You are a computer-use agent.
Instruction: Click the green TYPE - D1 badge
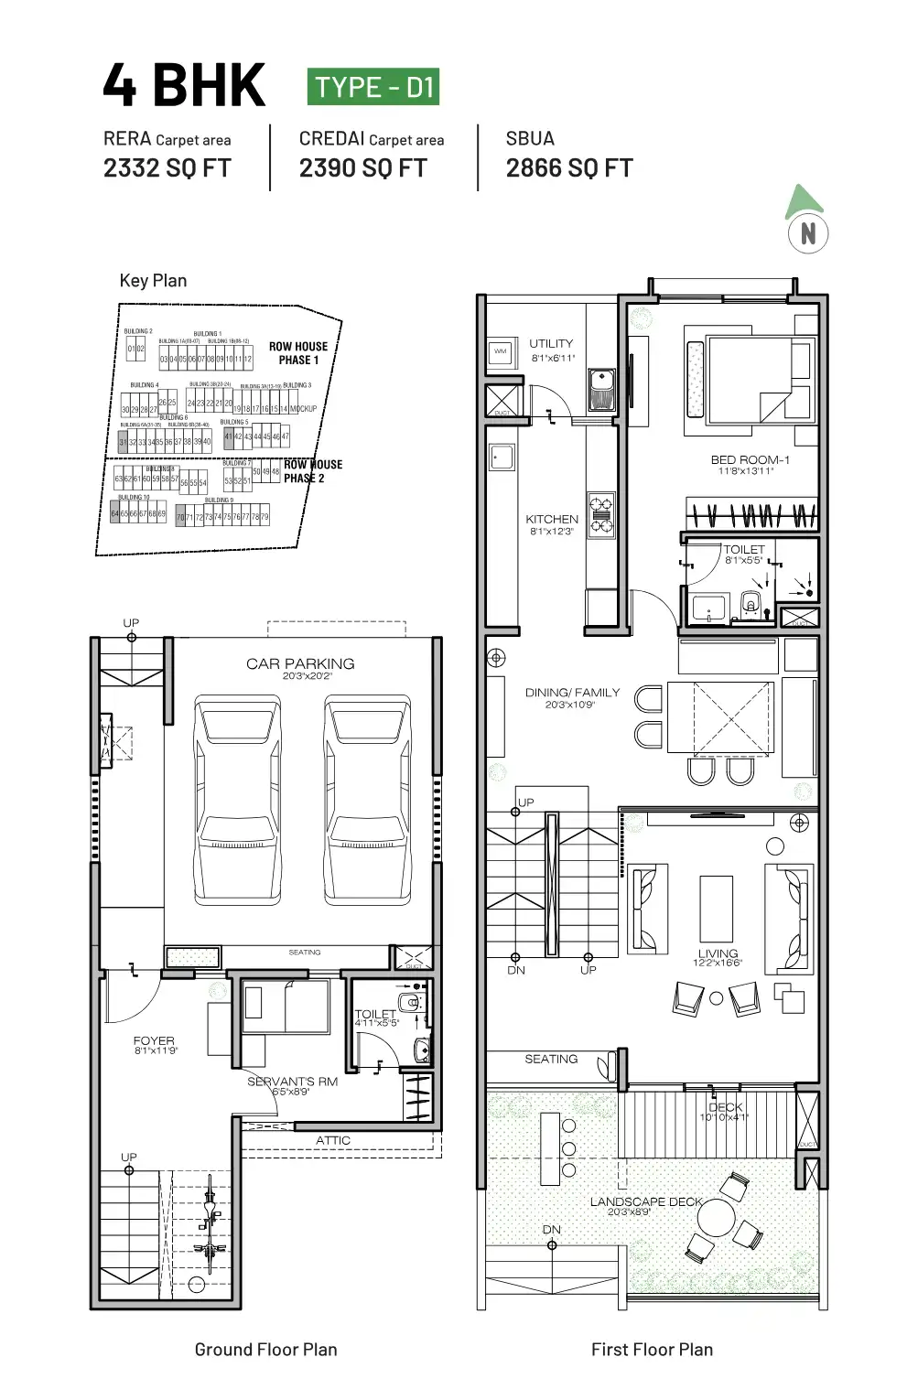[373, 87]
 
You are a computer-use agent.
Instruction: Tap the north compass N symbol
[807, 233]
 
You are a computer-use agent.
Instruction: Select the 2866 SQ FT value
[568, 168]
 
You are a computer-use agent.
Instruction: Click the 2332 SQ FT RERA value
[167, 168]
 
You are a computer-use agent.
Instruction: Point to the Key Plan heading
[153, 281]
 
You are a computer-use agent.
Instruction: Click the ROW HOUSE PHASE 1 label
[297, 353]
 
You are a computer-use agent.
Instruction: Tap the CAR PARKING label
[300, 663]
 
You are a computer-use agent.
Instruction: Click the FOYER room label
[154, 1041]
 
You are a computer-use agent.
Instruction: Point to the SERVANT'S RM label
[292, 1082]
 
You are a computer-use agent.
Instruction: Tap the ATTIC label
[332, 1140]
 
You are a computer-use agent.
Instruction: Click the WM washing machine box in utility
[501, 352]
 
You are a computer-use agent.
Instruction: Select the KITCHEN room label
[551, 519]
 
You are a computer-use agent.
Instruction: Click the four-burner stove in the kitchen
[601, 513]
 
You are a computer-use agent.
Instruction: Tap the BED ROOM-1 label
[750, 460]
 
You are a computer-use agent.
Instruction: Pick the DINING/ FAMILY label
[572, 693]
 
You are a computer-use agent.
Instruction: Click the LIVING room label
[718, 953]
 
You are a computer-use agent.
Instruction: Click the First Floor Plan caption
[652, 1349]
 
